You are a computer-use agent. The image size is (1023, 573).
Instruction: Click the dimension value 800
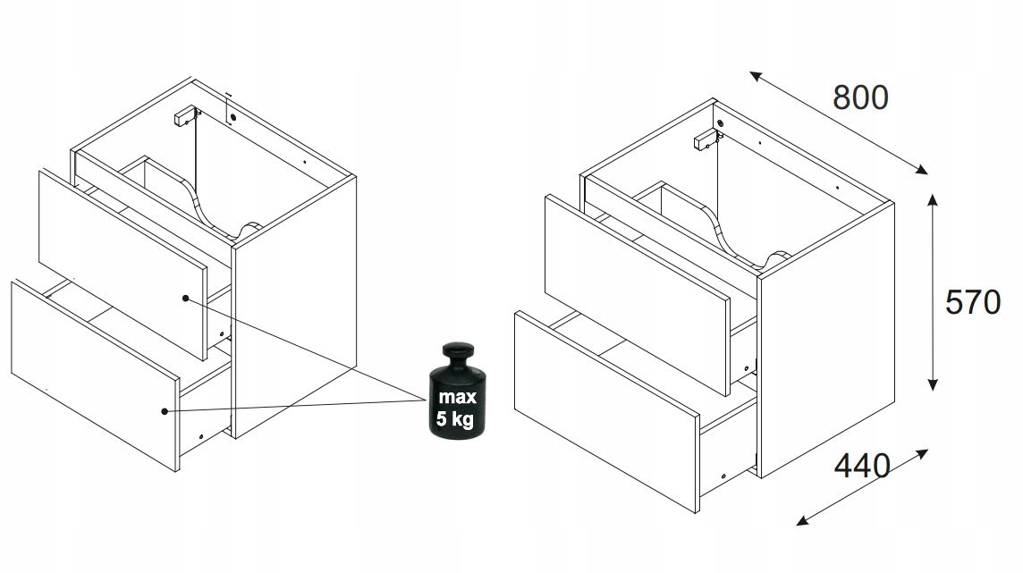860,97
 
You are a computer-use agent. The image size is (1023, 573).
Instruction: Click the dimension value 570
973,302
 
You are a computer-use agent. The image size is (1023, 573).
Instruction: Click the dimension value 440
863,466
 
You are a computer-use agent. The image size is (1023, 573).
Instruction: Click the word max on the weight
457,396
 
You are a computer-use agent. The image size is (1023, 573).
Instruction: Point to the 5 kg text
455,418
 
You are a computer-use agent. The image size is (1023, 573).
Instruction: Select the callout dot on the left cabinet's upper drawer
185,299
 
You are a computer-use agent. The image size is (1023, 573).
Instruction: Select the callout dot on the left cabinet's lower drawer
165,411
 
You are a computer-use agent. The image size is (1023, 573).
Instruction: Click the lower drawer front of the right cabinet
607,410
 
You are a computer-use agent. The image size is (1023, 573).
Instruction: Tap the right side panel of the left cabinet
295,307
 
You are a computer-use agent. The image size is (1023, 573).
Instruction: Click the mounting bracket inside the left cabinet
184,115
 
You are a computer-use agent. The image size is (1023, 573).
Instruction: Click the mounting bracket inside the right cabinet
705,140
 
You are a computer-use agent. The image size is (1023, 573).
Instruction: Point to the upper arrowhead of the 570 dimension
933,198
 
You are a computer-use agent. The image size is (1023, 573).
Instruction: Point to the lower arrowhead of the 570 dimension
933,384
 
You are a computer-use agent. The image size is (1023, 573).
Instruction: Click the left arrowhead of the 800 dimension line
756,76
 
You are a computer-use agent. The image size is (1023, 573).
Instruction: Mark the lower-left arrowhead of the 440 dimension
802,521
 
